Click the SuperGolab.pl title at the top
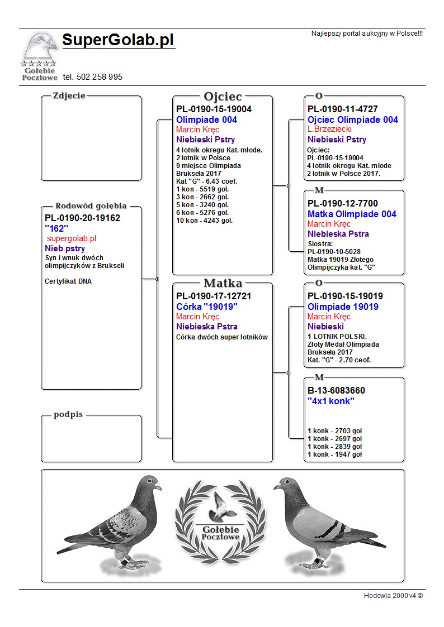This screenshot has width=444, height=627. click(118, 40)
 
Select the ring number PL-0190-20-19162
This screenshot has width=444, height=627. click(82, 218)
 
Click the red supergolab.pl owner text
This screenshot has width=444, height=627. click(72, 238)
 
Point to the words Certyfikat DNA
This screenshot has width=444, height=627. click(68, 281)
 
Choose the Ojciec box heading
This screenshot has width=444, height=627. click(223, 97)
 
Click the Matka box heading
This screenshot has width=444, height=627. click(223, 283)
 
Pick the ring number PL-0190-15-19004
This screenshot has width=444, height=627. click(214, 109)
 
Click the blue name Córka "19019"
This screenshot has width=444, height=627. click(207, 307)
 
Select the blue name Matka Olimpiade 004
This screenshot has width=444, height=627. click(352, 214)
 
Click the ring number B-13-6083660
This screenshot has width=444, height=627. click(336, 391)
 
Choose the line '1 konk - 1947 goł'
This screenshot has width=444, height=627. click(335, 454)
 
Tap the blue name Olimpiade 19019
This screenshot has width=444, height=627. click(343, 307)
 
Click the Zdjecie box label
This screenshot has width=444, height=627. click(69, 95)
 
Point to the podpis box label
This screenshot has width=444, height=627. click(68, 415)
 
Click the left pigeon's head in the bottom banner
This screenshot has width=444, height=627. click(150, 484)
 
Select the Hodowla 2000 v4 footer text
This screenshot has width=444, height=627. click(393, 596)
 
